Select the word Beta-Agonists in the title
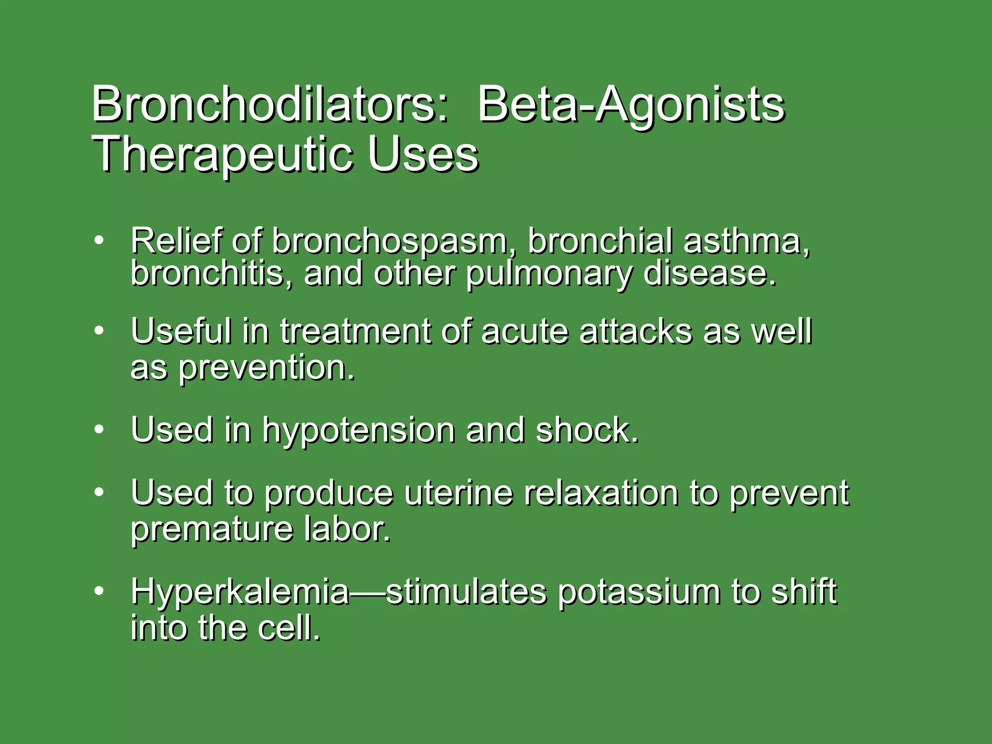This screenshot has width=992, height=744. pyautogui.click(x=631, y=105)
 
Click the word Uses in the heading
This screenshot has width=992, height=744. pyautogui.click(x=423, y=154)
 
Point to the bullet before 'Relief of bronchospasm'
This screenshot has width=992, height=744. pyautogui.click(x=99, y=240)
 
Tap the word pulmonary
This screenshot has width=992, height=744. pyautogui.click(x=549, y=274)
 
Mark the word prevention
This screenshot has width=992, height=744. pyautogui.click(x=267, y=368)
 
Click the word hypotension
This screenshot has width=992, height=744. pyautogui.click(x=358, y=430)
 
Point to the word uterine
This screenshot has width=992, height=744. pyautogui.click(x=458, y=493)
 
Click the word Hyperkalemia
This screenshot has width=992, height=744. pyautogui.click(x=240, y=592)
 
